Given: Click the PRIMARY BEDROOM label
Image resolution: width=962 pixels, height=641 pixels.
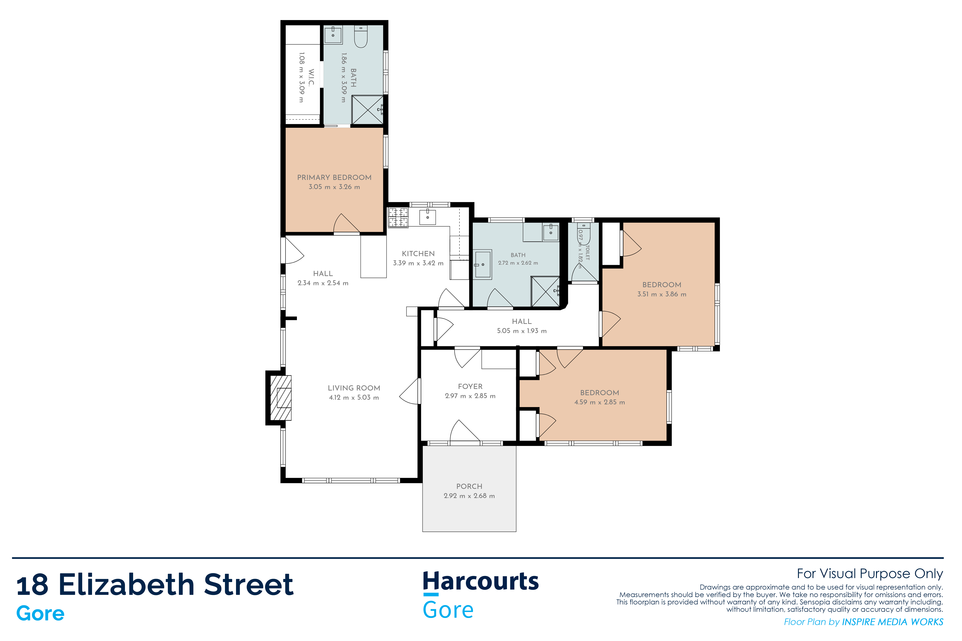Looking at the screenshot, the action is pos(334,177).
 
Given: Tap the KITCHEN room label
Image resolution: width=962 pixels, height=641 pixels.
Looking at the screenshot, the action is pos(418,254).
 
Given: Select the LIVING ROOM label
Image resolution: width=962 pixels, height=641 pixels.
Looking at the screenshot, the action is pos(354,388).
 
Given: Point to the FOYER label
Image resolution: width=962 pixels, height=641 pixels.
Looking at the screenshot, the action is pos(470,386).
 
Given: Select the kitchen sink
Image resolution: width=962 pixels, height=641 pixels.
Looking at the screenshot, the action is pos(427,217).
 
